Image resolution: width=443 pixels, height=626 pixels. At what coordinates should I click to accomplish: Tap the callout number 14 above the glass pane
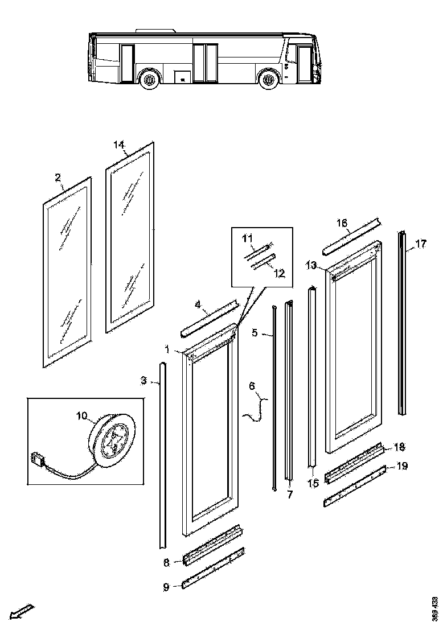[x=118, y=145]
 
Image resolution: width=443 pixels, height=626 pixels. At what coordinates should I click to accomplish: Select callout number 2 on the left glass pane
[x=58, y=178]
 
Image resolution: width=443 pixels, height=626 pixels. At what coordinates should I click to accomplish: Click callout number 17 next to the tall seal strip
[x=421, y=244]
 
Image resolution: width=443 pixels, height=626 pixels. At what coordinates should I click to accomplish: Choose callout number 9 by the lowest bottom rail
[x=166, y=587]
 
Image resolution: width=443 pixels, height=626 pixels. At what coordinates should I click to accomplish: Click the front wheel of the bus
[x=267, y=79]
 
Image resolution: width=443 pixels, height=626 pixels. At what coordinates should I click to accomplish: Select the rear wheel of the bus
[x=150, y=79]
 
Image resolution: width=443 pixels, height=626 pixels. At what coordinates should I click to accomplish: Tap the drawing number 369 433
[x=436, y=608]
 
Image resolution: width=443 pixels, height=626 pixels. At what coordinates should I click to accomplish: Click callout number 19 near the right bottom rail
[x=402, y=466]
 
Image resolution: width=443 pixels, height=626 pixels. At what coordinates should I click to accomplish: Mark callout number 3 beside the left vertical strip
[x=145, y=380]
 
